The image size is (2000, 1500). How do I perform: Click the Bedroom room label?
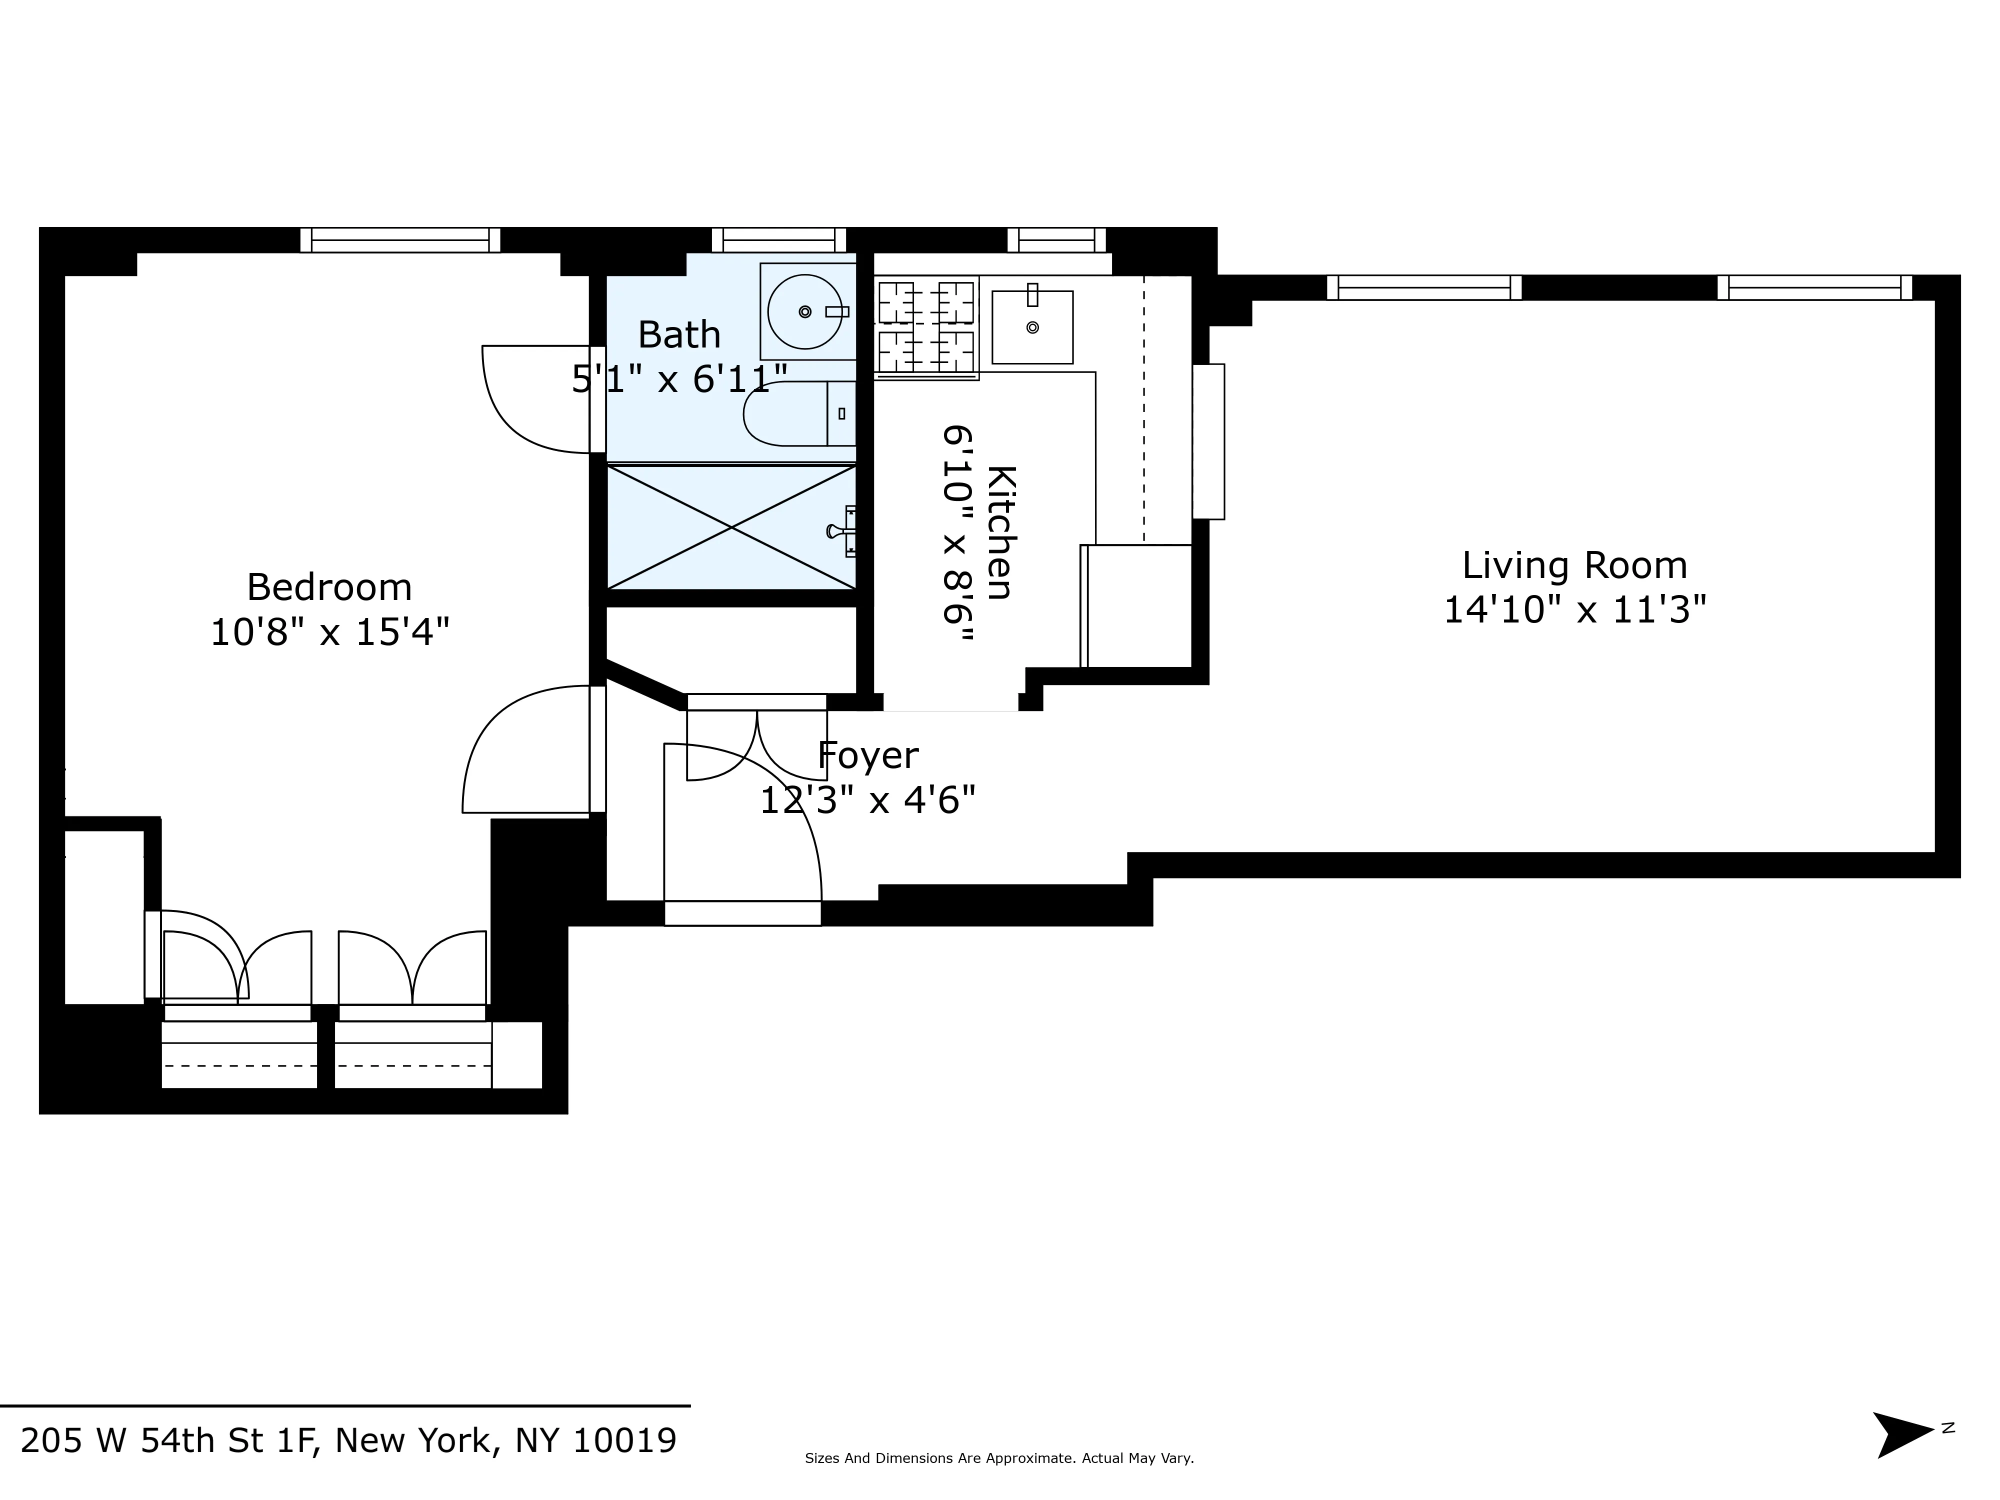(x=329, y=587)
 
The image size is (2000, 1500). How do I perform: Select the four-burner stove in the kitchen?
(x=926, y=327)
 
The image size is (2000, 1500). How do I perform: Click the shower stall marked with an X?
(x=730, y=527)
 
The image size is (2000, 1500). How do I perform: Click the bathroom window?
(x=778, y=240)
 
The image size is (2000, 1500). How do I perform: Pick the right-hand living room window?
(x=1813, y=287)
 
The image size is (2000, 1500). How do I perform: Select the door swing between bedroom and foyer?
(x=524, y=750)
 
